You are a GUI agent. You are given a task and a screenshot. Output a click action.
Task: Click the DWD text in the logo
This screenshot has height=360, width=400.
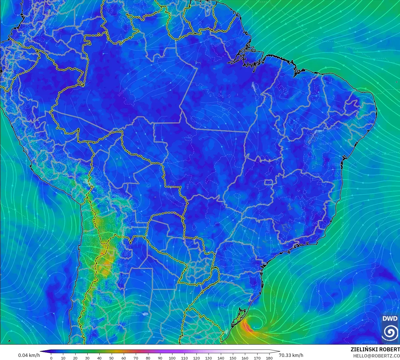tap(390, 319)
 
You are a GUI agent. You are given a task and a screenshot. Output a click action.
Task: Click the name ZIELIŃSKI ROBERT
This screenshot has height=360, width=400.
tap(375, 349)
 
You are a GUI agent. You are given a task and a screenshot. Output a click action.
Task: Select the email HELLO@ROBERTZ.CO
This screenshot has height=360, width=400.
tap(376, 356)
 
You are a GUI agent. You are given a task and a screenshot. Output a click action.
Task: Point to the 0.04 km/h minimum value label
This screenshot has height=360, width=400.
tap(29, 355)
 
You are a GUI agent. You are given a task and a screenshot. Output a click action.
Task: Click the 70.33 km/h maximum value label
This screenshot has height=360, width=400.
tap(291, 355)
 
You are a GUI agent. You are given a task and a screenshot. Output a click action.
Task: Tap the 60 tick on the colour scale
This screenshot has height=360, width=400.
tap(124, 358)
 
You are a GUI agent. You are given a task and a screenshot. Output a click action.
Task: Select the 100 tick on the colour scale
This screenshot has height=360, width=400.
tap(172, 358)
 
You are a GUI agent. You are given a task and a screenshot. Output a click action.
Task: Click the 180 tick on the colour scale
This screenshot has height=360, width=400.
tap(269, 358)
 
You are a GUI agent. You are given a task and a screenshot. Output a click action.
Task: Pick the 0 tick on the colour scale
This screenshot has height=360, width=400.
tap(51, 358)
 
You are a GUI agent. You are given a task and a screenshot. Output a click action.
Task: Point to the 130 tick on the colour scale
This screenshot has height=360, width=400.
tap(209, 358)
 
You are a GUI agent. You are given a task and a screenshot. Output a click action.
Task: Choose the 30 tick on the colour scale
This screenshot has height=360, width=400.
tap(87, 358)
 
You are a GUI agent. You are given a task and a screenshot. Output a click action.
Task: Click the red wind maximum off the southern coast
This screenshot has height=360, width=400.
tap(247, 327)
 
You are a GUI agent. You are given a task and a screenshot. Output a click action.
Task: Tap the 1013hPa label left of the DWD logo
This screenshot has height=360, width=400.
tap(371, 342)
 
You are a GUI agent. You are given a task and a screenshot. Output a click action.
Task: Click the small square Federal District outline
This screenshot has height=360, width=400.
tap(269, 183)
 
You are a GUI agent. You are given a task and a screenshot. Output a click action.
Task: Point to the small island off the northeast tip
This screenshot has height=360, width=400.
tap(397, 82)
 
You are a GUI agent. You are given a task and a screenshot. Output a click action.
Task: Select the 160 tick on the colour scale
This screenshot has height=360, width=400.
tap(245, 358)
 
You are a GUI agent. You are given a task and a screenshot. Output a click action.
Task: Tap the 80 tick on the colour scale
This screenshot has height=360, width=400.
tap(148, 358)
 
